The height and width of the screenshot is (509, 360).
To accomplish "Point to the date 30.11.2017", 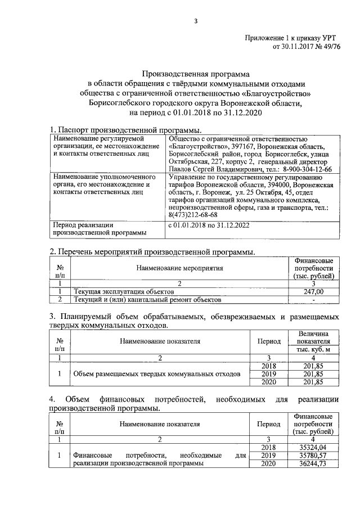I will pyautogui.click(x=291, y=47).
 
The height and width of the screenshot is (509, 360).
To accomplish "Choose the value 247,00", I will pyautogui.click(x=313, y=291).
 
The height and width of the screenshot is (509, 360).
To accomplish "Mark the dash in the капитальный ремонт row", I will pyautogui.click(x=313, y=299).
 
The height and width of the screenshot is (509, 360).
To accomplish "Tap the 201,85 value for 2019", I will pyautogui.click(x=313, y=373).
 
